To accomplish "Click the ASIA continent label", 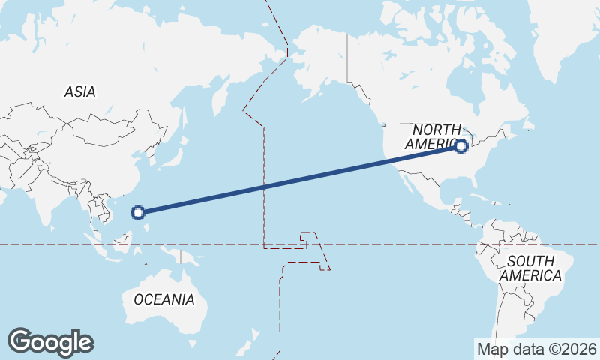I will [x=79, y=92].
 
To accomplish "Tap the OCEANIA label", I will [x=163, y=299].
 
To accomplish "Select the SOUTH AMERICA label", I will [x=530, y=268].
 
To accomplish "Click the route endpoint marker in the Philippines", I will [x=138, y=213].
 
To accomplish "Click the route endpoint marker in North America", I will [x=462, y=147].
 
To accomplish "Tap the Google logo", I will [x=50, y=342].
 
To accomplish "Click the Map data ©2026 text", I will [x=536, y=349].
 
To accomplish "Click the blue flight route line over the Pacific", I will [x=300, y=180].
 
